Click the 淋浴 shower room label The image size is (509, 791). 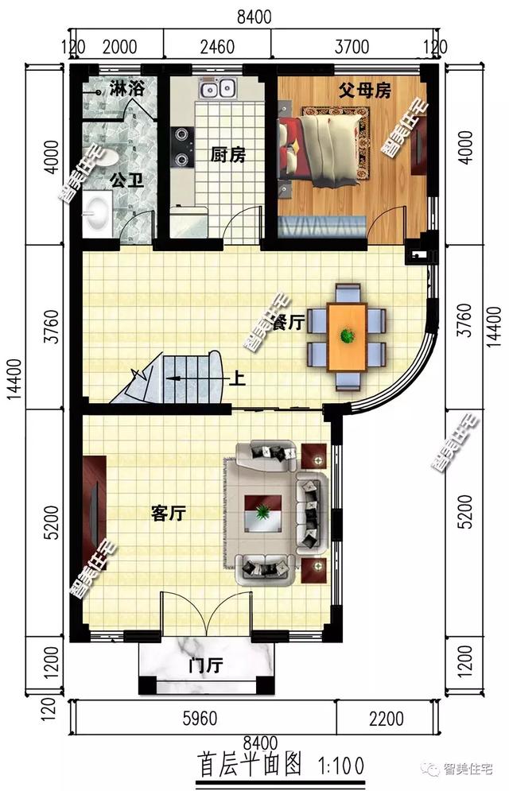[126, 89]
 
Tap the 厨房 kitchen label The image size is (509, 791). [228, 155]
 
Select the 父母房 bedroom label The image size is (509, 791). [364, 91]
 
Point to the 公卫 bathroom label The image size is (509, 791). [126, 180]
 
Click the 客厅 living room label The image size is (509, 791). [169, 514]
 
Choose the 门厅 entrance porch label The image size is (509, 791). [205, 666]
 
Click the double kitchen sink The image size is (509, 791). [217, 89]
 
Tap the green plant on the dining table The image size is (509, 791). [347, 335]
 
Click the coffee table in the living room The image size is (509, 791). [262, 513]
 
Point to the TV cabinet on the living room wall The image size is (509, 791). [95, 506]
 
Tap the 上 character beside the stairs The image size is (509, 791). [238, 378]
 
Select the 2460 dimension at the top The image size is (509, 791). [217, 47]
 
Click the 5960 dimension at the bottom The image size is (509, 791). [200, 719]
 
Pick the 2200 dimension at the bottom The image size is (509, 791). [386, 719]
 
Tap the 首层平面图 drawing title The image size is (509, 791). [250, 764]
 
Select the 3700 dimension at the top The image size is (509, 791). [352, 47]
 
